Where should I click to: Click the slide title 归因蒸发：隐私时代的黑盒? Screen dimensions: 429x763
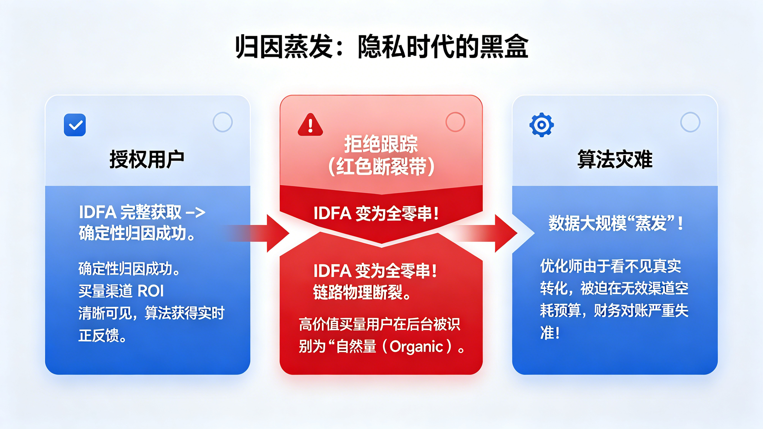pyautogui.click(x=381, y=47)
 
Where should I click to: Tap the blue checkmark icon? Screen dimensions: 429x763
pyautogui.click(x=75, y=125)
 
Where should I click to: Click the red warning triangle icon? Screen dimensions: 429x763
pyautogui.click(x=310, y=125)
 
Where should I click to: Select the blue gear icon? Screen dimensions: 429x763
pyautogui.click(x=541, y=125)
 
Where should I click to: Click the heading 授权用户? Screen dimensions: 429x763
pyautogui.click(x=147, y=159)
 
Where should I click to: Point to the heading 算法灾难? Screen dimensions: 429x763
pyautogui.click(x=615, y=159)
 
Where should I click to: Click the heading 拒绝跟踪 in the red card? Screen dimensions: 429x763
pyautogui.click(x=381, y=144)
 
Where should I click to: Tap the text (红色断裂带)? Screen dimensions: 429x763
pyautogui.click(x=381, y=167)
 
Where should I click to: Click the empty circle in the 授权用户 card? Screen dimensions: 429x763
pyautogui.click(x=222, y=122)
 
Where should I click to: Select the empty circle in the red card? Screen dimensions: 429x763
pyautogui.click(x=455, y=122)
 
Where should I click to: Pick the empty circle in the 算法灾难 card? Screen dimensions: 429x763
pyautogui.click(x=690, y=122)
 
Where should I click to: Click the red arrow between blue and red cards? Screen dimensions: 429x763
pyautogui.click(x=267, y=233)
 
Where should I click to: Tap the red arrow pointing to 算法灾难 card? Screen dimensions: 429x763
pyautogui.click(x=497, y=233)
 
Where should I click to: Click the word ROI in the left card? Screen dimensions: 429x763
pyautogui.click(x=151, y=291)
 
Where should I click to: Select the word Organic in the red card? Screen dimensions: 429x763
pyautogui.click(x=416, y=346)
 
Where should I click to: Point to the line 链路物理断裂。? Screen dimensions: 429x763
pyautogui.click(x=362, y=293)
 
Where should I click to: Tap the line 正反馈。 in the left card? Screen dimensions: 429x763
pyautogui.click(x=103, y=336)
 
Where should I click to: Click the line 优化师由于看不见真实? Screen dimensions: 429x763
pyautogui.click(x=610, y=266)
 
